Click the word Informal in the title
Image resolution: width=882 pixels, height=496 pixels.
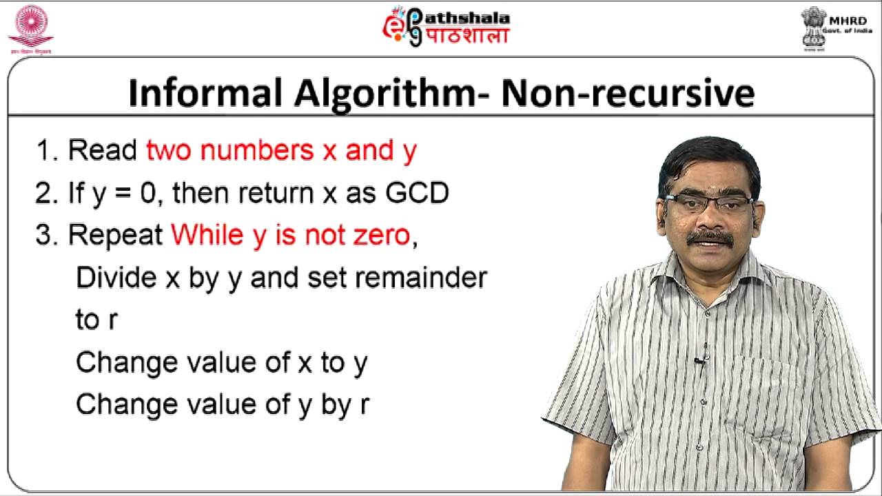click(x=205, y=93)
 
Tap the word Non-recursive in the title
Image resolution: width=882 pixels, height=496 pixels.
click(x=627, y=93)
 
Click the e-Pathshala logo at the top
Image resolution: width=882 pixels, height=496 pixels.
click(x=447, y=27)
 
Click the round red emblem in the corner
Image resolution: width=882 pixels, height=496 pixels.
click(x=30, y=27)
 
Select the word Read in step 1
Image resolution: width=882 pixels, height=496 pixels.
click(x=103, y=150)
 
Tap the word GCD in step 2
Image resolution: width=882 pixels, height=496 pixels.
click(x=417, y=194)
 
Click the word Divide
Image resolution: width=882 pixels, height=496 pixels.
click(x=116, y=278)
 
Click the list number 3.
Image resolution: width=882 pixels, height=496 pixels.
click(x=43, y=236)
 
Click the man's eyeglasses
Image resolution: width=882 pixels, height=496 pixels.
click(x=709, y=203)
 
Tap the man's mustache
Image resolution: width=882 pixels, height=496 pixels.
click(x=710, y=238)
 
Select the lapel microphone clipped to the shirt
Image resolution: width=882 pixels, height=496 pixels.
click(x=699, y=361)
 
